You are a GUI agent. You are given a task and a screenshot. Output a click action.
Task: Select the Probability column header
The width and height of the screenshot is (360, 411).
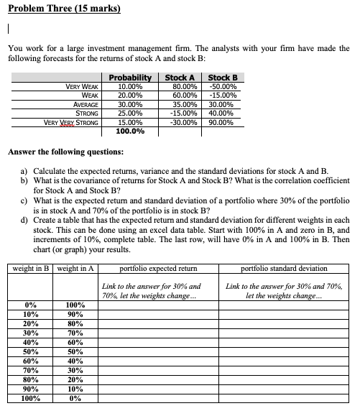(130, 78)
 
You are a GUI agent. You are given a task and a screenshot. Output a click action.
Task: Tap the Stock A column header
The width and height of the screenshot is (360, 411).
(180, 78)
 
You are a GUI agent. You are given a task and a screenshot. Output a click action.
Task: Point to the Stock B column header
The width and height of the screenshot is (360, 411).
(222, 78)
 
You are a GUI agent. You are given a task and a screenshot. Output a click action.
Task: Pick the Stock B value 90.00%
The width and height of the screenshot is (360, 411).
(221, 122)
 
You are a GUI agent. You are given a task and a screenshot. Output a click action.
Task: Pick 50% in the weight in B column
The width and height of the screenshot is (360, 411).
(32, 352)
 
